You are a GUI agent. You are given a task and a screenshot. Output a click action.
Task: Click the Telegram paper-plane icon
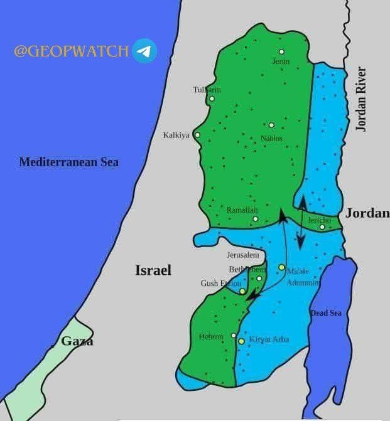click(144, 51)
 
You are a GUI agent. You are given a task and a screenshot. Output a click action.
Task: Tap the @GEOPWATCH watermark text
click(71, 51)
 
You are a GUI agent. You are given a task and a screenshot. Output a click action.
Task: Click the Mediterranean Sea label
click(68, 162)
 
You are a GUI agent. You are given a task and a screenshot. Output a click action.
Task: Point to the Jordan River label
click(361, 99)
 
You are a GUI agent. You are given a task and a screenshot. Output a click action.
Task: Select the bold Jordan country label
click(367, 213)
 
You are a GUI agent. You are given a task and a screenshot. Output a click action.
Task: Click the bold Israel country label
click(153, 270)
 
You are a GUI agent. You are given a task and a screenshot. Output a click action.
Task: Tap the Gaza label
click(77, 341)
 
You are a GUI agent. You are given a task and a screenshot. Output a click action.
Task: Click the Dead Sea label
click(326, 312)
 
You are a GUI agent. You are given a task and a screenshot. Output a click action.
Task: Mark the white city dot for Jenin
click(281, 51)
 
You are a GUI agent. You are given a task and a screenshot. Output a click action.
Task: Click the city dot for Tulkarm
click(212, 99)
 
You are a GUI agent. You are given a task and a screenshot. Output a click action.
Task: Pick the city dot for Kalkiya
click(197, 135)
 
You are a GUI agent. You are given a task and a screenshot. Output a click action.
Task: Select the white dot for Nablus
click(271, 125)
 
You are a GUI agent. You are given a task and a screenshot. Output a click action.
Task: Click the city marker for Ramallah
click(255, 219)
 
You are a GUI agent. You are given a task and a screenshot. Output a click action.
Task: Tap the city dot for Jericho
click(322, 227)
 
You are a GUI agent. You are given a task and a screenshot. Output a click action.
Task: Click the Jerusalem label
click(243, 255)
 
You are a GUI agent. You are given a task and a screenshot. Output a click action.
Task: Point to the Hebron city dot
click(234, 336)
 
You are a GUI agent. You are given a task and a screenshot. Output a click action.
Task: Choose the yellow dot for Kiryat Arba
click(241, 341)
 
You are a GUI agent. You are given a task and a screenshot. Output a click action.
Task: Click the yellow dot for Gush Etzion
click(242, 291)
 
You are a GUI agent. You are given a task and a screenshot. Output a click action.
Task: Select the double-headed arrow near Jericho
click(302, 221)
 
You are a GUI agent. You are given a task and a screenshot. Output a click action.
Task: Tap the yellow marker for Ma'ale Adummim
click(281, 267)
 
